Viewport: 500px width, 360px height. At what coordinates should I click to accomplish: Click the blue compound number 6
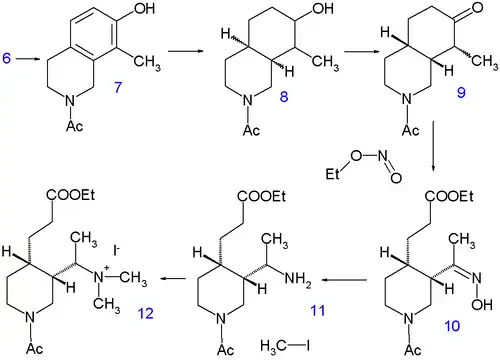(x=8, y=61)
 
